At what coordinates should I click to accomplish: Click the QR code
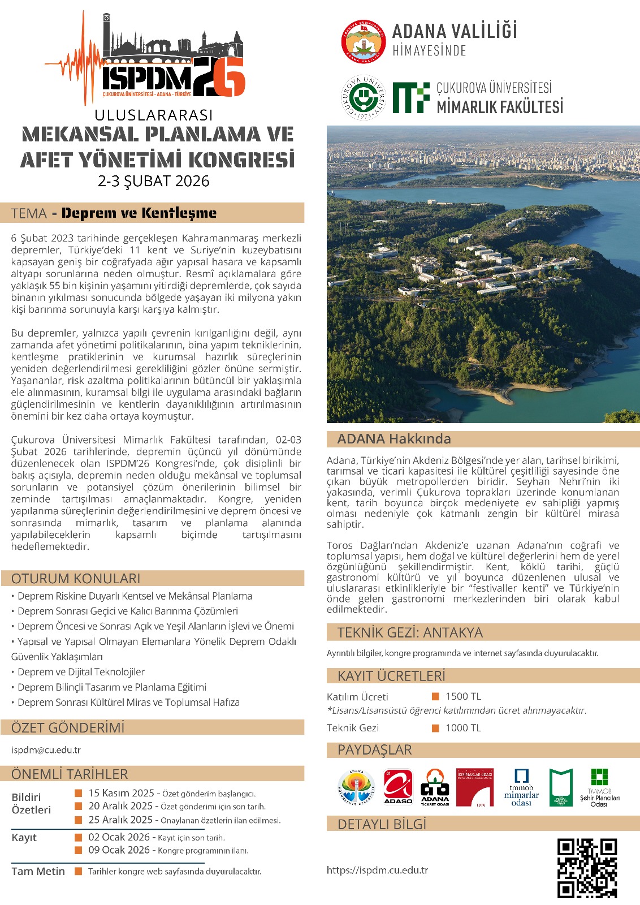pyautogui.click(x=586, y=868)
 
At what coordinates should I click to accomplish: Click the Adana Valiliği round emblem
pyautogui.click(x=363, y=41)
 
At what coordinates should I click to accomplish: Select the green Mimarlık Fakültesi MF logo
pyautogui.click(x=411, y=98)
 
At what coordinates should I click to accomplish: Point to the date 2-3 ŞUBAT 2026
pyautogui.click(x=153, y=181)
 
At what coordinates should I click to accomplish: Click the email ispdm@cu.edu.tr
pyautogui.click(x=46, y=750)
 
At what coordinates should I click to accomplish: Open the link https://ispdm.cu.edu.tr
pyautogui.click(x=377, y=870)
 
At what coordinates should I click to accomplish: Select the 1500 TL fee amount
pyautogui.click(x=463, y=696)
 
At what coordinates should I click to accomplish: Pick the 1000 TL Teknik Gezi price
pyautogui.click(x=463, y=728)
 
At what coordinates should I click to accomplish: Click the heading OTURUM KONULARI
pyautogui.click(x=76, y=578)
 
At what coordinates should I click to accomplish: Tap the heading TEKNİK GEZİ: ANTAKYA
pyautogui.click(x=410, y=632)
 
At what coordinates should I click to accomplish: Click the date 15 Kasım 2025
pyautogui.click(x=121, y=793)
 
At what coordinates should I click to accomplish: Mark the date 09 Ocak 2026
pyautogui.click(x=119, y=850)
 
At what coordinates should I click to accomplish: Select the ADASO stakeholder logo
pyautogui.click(x=398, y=787)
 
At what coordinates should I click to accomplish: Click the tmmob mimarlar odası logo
pyautogui.click(x=521, y=787)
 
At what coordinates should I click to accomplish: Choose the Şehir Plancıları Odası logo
pyautogui.click(x=599, y=787)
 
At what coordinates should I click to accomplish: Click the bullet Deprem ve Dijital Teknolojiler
pyautogui.click(x=81, y=672)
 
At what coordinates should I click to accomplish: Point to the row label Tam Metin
pyautogui.click(x=38, y=871)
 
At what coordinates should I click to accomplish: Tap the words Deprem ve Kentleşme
pyautogui.click(x=139, y=213)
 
